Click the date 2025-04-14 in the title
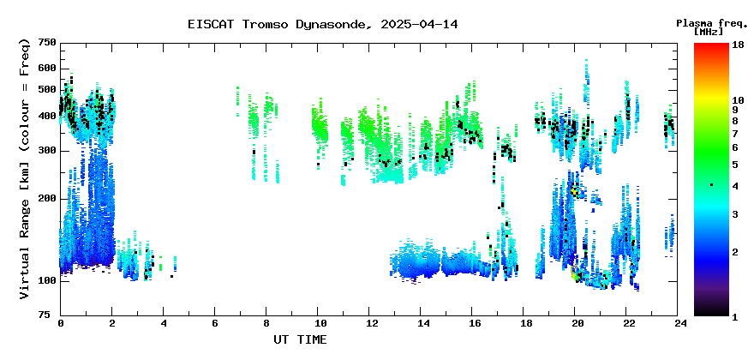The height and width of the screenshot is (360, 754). [419, 25]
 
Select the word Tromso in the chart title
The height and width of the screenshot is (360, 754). [265, 25]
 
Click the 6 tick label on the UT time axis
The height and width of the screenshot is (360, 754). [214, 324]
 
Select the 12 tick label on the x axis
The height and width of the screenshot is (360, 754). [368, 324]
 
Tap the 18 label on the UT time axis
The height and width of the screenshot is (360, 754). [524, 324]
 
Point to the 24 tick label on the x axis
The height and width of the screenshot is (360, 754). [678, 324]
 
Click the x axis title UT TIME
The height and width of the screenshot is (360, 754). [300, 339]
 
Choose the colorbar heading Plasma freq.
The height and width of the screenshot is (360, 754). [712, 23]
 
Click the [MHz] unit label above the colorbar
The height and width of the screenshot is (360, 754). [709, 32]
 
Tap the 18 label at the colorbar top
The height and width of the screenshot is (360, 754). [738, 45]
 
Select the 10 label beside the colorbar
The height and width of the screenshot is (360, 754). [738, 100]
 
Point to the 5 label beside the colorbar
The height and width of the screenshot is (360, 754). [735, 165]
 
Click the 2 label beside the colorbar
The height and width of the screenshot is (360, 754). [735, 252]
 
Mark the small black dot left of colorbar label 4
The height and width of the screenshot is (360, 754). [712, 185]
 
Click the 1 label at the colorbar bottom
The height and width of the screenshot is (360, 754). [735, 318]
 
